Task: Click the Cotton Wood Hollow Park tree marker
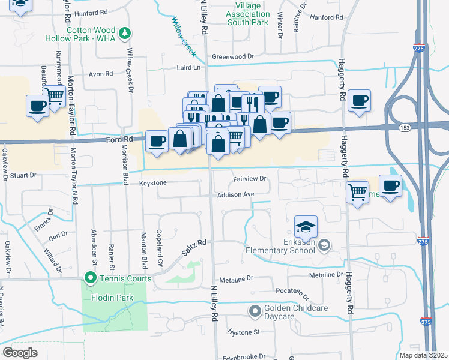click(125, 34)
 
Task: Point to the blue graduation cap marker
click(306, 227)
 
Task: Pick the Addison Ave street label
click(236, 194)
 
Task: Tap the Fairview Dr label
click(249, 179)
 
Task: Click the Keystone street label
click(152, 182)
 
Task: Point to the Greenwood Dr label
click(233, 56)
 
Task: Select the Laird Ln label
click(188, 68)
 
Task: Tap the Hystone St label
click(243, 332)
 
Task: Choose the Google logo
click(20, 353)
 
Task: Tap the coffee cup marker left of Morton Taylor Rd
click(37, 106)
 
